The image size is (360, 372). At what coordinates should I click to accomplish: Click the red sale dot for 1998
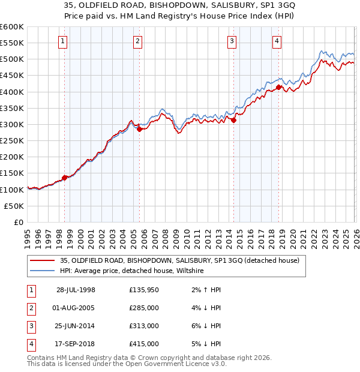point(65,177)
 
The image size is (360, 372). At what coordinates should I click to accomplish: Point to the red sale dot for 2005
point(139,129)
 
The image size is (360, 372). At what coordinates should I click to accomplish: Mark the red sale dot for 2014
point(233,120)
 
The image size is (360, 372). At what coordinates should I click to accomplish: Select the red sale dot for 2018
point(278,87)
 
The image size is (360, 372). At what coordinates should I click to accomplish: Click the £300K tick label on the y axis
point(12,124)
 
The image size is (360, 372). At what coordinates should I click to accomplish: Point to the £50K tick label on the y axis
point(14,206)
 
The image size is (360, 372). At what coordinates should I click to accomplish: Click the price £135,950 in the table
point(143,290)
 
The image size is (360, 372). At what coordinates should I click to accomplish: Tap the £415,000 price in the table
point(143,344)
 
